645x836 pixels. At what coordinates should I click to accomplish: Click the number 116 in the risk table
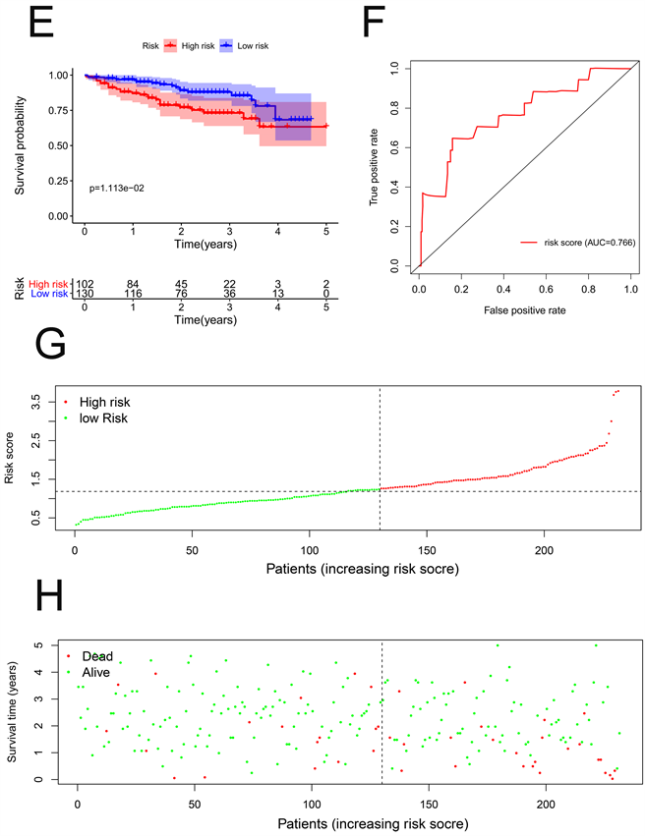click(x=133, y=294)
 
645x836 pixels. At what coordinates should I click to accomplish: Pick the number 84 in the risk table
click(x=133, y=283)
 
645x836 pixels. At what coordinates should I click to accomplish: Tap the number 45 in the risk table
click(x=181, y=283)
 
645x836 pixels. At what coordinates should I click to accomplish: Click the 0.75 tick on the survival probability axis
click(x=61, y=110)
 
